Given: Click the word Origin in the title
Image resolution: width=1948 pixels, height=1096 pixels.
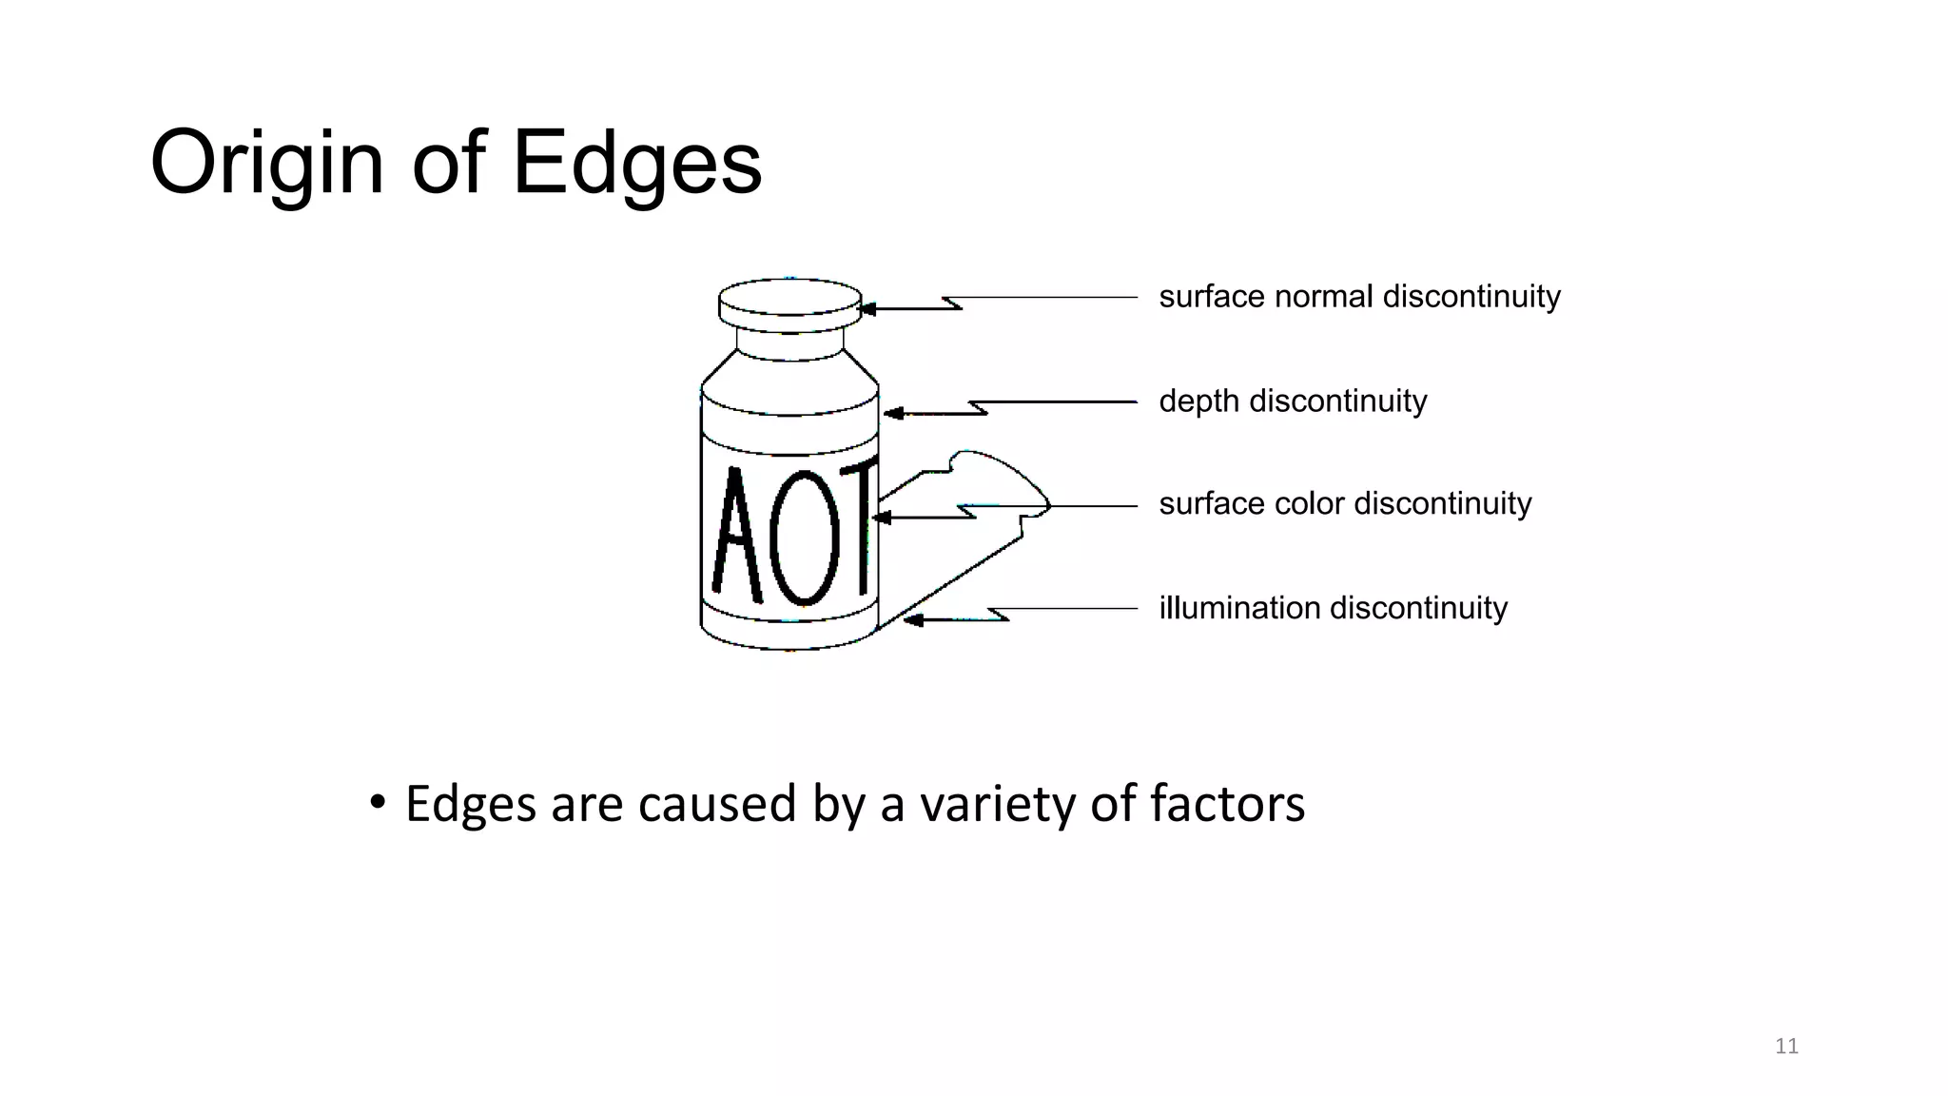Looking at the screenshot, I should pos(266,164).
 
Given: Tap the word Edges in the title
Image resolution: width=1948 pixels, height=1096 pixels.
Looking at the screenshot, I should pos(636,164).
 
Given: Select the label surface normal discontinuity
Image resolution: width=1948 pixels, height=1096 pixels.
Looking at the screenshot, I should pos(1359,297).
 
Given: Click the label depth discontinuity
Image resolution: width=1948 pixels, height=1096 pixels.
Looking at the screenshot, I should pos(1293,401).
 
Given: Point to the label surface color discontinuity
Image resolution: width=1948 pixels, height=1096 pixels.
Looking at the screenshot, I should pos(1345,504).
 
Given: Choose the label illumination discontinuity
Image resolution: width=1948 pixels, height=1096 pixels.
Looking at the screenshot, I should pos(1333,608).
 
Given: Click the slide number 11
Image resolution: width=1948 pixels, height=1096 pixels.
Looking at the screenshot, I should pos(1786,1047).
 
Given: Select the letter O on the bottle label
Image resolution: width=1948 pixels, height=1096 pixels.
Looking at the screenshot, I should pos(805,538).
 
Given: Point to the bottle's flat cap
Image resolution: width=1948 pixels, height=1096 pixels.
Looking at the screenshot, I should pos(789,304).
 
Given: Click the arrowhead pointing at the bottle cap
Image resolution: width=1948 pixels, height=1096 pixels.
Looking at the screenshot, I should pos(867,309).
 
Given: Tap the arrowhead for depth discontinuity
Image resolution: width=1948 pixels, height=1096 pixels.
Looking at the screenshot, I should pos(892,414).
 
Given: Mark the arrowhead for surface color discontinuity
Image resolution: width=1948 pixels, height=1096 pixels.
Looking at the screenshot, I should pos(881,518).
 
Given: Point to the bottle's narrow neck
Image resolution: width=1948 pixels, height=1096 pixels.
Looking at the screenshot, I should pos(789,344).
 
